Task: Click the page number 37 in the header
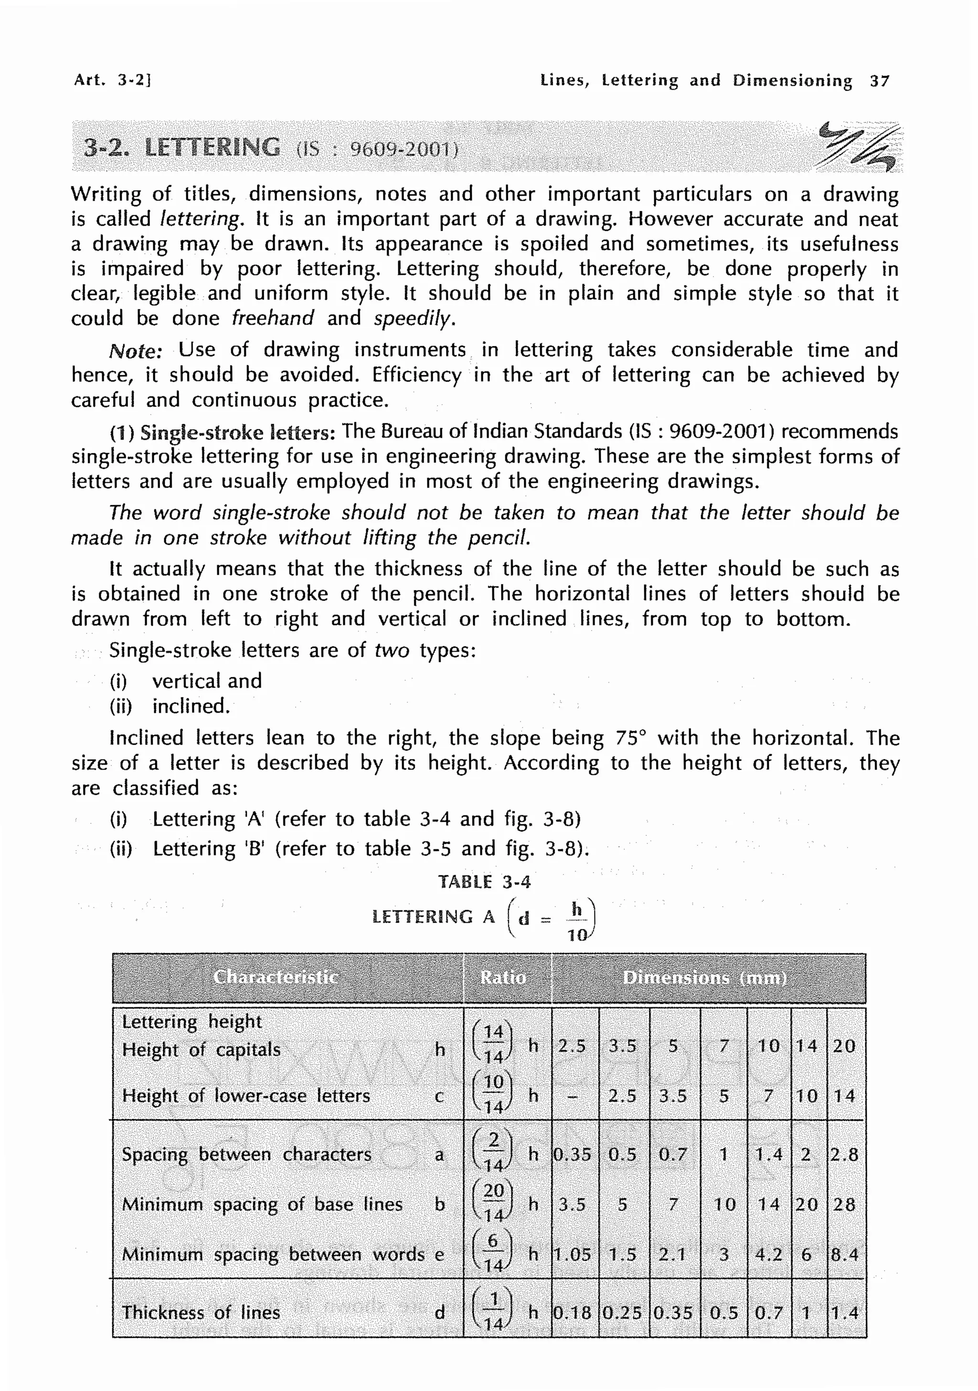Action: point(879,81)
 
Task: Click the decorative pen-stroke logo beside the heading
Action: point(856,147)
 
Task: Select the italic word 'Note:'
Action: point(135,351)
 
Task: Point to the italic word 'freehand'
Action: point(273,318)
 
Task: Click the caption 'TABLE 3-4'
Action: point(484,882)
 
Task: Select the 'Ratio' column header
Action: point(503,977)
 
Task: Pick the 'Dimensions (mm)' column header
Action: point(705,978)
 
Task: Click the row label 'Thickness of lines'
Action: point(201,1312)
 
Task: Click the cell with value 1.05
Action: point(573,1254)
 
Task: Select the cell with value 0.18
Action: point(573,1313)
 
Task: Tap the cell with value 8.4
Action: point(844,1254)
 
